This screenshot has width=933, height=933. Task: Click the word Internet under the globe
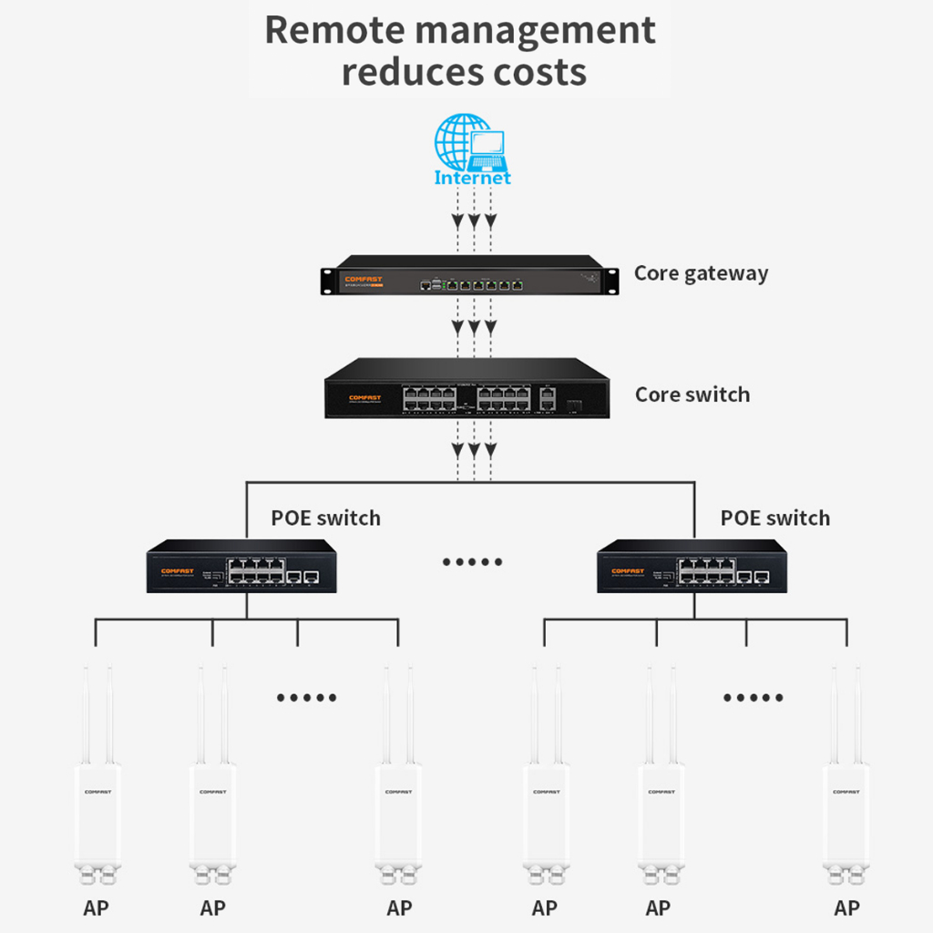click(472, 178)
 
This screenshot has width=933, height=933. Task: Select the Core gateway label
click(701, 273)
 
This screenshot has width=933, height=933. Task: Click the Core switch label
click(692, 395)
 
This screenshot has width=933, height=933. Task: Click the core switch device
click(466, 389)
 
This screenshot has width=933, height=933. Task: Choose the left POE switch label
click(325, 518)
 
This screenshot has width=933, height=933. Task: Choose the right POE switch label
click(775, 518)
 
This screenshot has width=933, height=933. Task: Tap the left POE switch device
click(241, 567)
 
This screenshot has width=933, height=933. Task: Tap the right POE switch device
click(692, 567)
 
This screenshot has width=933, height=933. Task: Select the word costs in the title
click(541, 72)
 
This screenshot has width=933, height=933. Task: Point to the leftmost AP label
click(96, 907)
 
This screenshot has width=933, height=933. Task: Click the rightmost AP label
click(846, 907)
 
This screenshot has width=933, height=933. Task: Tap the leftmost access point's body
click(97, 815)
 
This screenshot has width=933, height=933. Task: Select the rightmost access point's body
click(846, 815)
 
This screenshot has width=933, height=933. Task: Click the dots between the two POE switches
click(472, 561)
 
